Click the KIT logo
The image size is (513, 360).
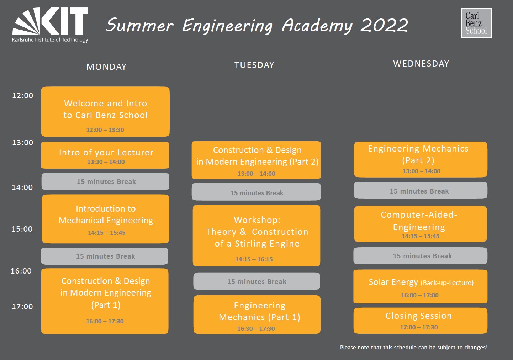coord(50,25)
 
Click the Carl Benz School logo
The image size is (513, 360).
coord(476,23)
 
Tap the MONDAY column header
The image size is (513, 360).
coord(106,67)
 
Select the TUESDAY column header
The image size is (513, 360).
coord(254,65)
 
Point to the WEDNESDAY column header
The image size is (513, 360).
coord(421,64)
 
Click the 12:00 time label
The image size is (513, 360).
coord(22,95)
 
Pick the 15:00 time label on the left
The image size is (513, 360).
coord(22,229)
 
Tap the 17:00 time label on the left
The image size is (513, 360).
coord(22,306)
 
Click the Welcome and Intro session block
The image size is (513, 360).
coord(105,112)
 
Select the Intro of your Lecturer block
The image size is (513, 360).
coord(105,155)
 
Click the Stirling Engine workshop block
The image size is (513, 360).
coord(256,235)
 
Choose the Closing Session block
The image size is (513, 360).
coord(420,321)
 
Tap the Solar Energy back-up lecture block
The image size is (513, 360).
coord(420,286)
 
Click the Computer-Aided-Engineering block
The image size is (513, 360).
coord(421,224)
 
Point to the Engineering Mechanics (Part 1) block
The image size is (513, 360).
coord(257,314)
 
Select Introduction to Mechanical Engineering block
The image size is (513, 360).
coord(106,219)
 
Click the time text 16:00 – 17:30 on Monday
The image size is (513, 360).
coord(105,321)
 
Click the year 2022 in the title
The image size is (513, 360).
coord(384,25)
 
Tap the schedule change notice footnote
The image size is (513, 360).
coord(414,348)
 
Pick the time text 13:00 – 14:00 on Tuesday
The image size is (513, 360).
coord(256,174)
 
